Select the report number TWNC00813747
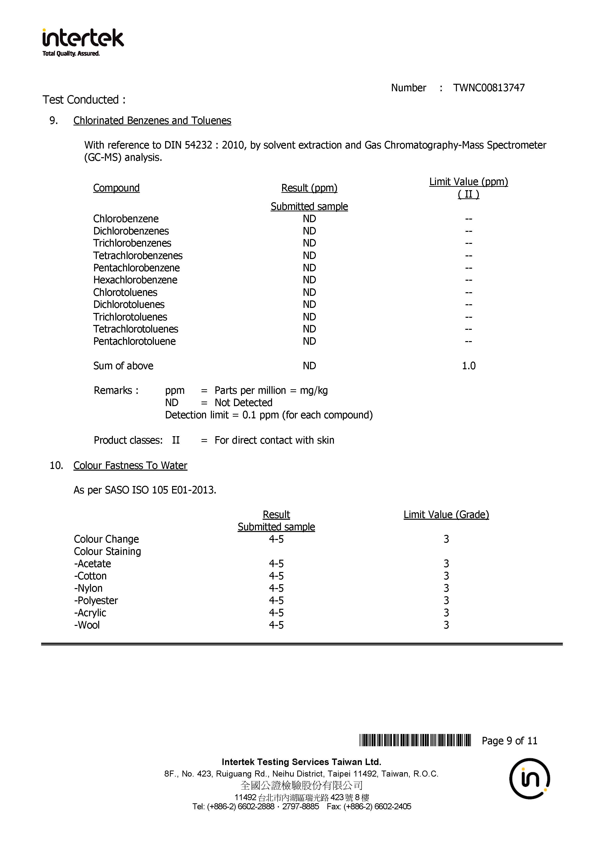pyautogui.click(x=488, y=88)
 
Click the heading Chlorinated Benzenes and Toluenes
pyautogui.click(x=152, y=120)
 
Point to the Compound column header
pyautogui.click(x=116, y=188)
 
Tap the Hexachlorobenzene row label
pyautogui.click(x=135, y=280)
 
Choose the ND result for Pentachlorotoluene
pyautogui.click(x=309, y=341)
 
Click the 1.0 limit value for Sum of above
pyautogui.click(x=468, y=366)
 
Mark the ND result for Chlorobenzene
pyautogui.click(x=309, y=219)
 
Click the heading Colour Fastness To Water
pyautogui.click(x=130, y=465)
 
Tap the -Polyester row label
pyautogui.click(x=96, y=601)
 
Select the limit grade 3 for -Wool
pyautogui.click(x=446, y=625)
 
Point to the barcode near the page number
pyautogui.click(x=415, y=740)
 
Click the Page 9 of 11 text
pyautogui.click(x=509, y=741)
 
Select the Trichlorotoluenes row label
pyautogui.click(x=130, y=317)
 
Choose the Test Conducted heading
pyautogui.click(x=84, y=100)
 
